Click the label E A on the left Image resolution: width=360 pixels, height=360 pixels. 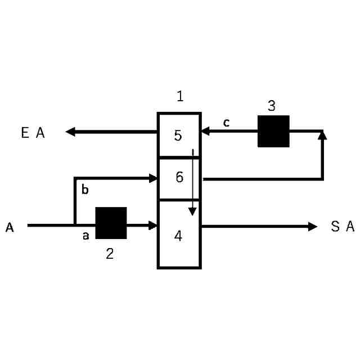[x=33, y=133]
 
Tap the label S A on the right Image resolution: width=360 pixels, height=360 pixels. [x=343, y=227]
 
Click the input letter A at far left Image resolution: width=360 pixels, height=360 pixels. [x=10, y=227]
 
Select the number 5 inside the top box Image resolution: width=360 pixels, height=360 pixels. [x=178, y=136]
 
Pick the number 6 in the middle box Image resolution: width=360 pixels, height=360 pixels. [x=179, y=178]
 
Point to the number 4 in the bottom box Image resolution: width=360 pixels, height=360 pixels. [x=178, y=236]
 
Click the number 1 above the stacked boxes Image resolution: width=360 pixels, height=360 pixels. [x=180, y=96]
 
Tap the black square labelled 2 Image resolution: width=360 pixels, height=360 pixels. [x=111, y=223]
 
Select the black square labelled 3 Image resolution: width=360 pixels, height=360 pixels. [x=273, y=131]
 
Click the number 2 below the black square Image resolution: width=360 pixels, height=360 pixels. [x=110, y=254]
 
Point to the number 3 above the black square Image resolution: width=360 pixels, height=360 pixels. [x=271, y=105]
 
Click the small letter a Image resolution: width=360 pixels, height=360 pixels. [x=86, y=236]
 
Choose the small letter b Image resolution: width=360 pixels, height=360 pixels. [x=85, y=190]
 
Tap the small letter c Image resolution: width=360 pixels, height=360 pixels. [x=226, y=123]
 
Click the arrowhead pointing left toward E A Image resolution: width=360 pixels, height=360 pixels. [x=70, y=132]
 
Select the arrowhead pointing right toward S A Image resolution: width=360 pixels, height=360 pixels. [x=313, y=226]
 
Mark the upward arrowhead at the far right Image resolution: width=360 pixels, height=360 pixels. [x=322, y=135]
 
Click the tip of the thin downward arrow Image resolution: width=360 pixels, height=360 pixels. [x=192, y=214]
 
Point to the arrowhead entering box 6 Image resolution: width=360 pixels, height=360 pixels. [x=154, y=178]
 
